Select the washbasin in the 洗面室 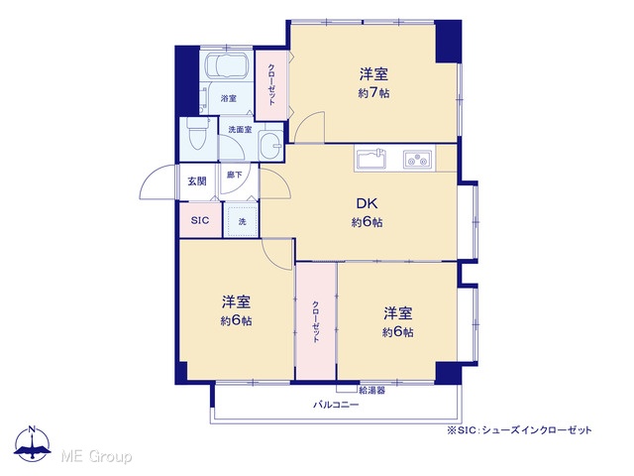click(x=270, y=146)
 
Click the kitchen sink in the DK click(x=370, y=159)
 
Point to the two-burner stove click(x=417, y=159)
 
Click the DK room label click(x=367, y=203)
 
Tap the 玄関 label click(x=197, y=181)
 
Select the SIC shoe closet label click(x=200, y=220)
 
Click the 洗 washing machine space click(x=242, y=221)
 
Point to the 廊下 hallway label click(x=234, y=175)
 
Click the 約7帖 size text click(x=373, y=93)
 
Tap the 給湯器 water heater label click(x=372, y=391)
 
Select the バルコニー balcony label click(x=336, y=405)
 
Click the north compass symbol click(x=33, y=443)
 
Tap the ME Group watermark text click(x=96, y=457)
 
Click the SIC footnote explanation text click(x=519, y=430)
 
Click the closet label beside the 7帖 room click(x=271, y=85)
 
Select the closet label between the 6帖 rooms click(x=315, y=322)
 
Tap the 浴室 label click(x=229, y=98)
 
